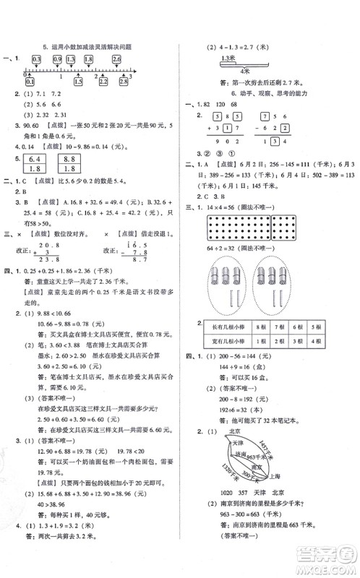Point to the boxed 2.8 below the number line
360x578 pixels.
click(124, 82)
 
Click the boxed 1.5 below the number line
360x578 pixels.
click(77, 82)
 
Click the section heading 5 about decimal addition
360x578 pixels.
click(87, 44)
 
